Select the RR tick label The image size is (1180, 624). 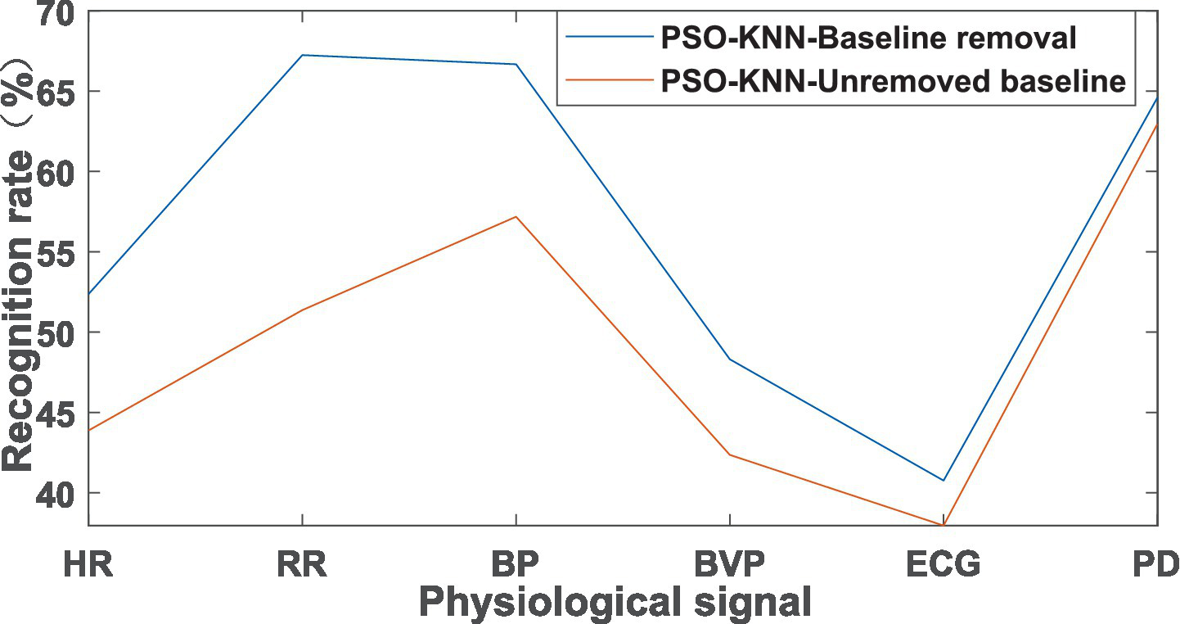[x=302, y=564]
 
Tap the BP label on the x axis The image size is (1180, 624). [x=516, y=564]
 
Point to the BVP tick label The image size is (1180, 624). [x=729, y=564]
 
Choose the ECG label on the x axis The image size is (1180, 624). [x=943, y=564]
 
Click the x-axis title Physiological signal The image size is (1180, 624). [x=615, y=603]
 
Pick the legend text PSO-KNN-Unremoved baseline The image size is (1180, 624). [x=894, y=81]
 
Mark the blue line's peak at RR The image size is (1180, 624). [x=302, y=55]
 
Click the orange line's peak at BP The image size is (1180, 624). [x=516, y=217]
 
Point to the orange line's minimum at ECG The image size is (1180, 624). [x=943, y=524]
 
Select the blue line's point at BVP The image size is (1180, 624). [x=729, y=359]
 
